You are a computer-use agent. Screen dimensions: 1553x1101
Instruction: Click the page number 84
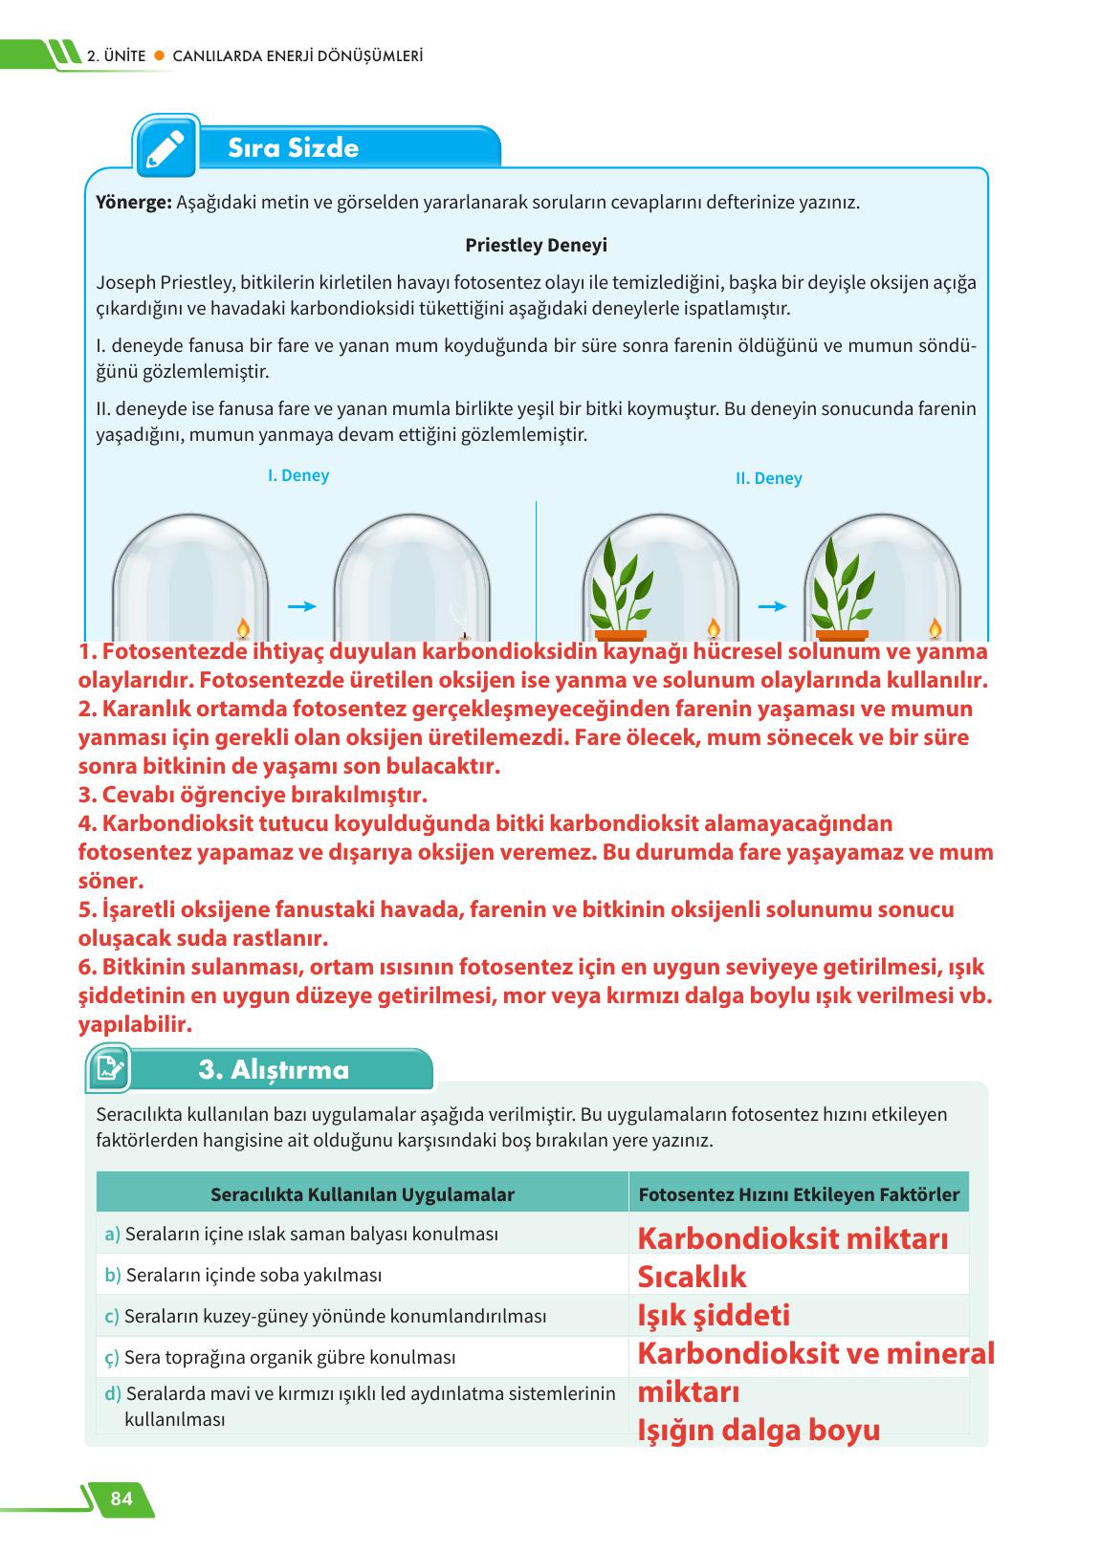click(x=121, y=1498)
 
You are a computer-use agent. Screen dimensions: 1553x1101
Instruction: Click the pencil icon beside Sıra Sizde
click(x=165, y=147)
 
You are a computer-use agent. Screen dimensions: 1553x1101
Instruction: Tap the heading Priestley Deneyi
click(x=536, y=245)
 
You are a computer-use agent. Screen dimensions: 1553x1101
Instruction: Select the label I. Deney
click(x=298, y=475)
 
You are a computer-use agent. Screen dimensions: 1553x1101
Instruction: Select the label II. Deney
click(x=768, y=478)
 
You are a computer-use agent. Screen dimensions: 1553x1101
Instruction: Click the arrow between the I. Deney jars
click(x=301, y=606)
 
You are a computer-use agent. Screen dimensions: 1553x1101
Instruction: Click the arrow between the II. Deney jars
click(x=772, y=606)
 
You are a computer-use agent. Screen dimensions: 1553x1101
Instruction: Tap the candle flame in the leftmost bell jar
click(x=243, y=627)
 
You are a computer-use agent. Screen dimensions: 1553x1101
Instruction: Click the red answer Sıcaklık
click(x=692, y=1277)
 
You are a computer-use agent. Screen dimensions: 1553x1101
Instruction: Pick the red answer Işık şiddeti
click(x=714, y=1315)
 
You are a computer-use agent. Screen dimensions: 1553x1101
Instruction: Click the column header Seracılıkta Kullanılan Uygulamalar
click(x=363, y=1194)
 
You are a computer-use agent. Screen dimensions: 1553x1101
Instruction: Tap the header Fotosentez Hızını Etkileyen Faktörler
click(x=799, y=1194)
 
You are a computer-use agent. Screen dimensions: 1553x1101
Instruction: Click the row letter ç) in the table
click(x=112, y=1357)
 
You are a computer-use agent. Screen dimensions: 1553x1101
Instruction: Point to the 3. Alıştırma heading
click(x=274, y=1070)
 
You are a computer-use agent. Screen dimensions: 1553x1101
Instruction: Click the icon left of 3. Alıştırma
click(x=108, y=1068)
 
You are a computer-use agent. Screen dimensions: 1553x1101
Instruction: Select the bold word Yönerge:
click(x=134, y=203)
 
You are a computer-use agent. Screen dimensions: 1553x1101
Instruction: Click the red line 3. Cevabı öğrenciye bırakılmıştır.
click(x=253, y=795)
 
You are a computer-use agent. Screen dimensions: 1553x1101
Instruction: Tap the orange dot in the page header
click(x=160, y=56)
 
